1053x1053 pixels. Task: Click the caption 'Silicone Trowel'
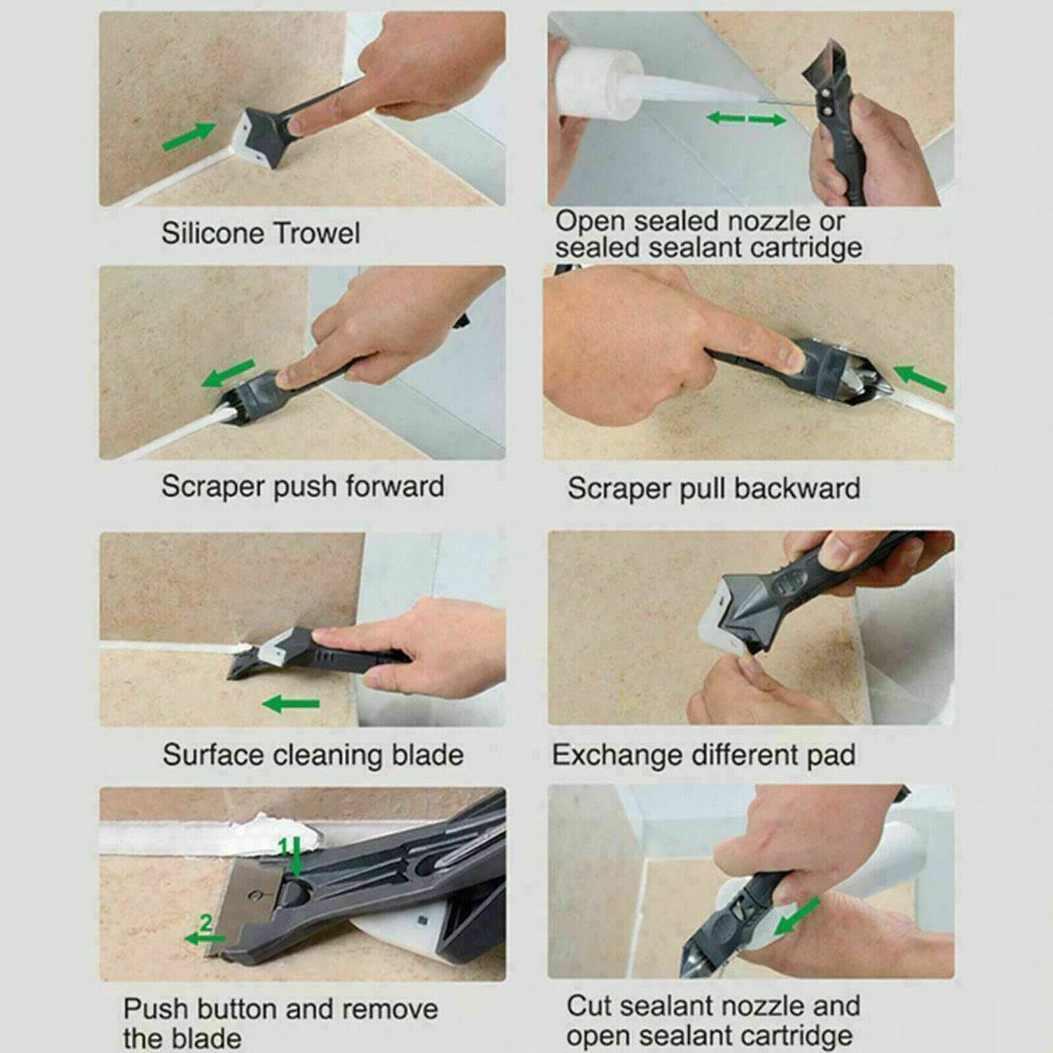coord(261,233)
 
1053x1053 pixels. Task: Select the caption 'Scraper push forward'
coord(303,486)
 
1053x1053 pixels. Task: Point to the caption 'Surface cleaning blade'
coord(313,755)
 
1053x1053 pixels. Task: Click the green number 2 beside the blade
coord(206,923)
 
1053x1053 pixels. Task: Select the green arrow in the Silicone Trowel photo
coord(189,136)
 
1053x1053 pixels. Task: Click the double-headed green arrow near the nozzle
coord(746,119)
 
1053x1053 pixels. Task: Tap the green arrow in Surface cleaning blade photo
coord(291,704)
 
